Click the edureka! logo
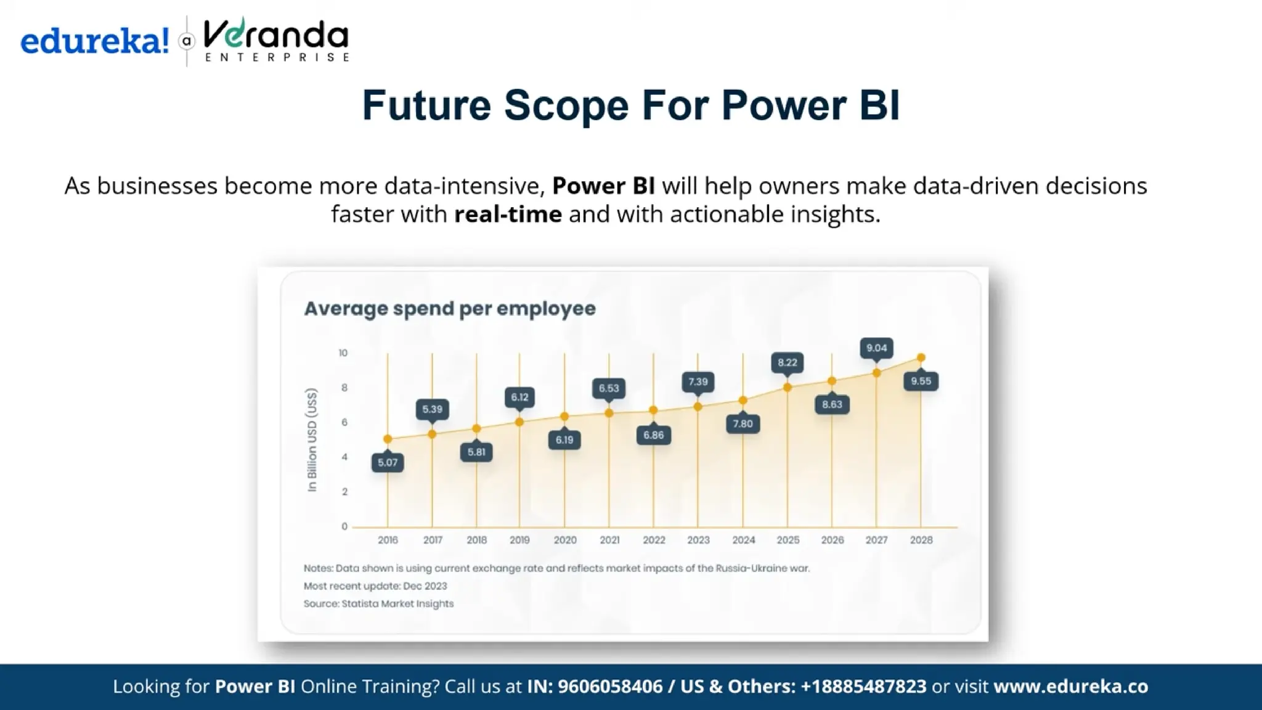pyautogui.click(x=94, y=41)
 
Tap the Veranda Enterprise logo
pyautogui.click(x=275, y=40)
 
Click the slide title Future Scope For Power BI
pyautogui.click(x=630, y=105)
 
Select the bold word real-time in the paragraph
pyautogui.click(x=508, y=214)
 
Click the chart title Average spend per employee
pyautogui.click(x=450, y=308)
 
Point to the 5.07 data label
pyautogui.click(x=388, y=462)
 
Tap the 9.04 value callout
pyautogui.click(x=876, y=348)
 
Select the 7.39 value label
pyautogui.click(x=698, y=382)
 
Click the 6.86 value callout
pyautogui.click(x=653, y=435)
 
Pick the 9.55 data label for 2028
pyautogui.click(x=921, y=382)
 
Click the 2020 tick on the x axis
pyautogui.click(x=564, y=540)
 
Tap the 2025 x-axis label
pyautogui.click(x=788, y=540)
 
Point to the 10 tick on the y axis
pyautogui.click(x=343, y=353)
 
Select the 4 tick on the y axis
pyautogui.click(x=344, y=457)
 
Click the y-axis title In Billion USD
pyautogui.click(x=312, y=439)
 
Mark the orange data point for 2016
pyautogui.click(x=388, y=439)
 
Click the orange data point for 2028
pyautogui.click(x=921, y=358)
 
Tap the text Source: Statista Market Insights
pyautogui.click(x=378, y=604)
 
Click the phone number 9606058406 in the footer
pyautogui.click(x=609, y=687)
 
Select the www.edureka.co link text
pyautogui.click(x=1070, y=687)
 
